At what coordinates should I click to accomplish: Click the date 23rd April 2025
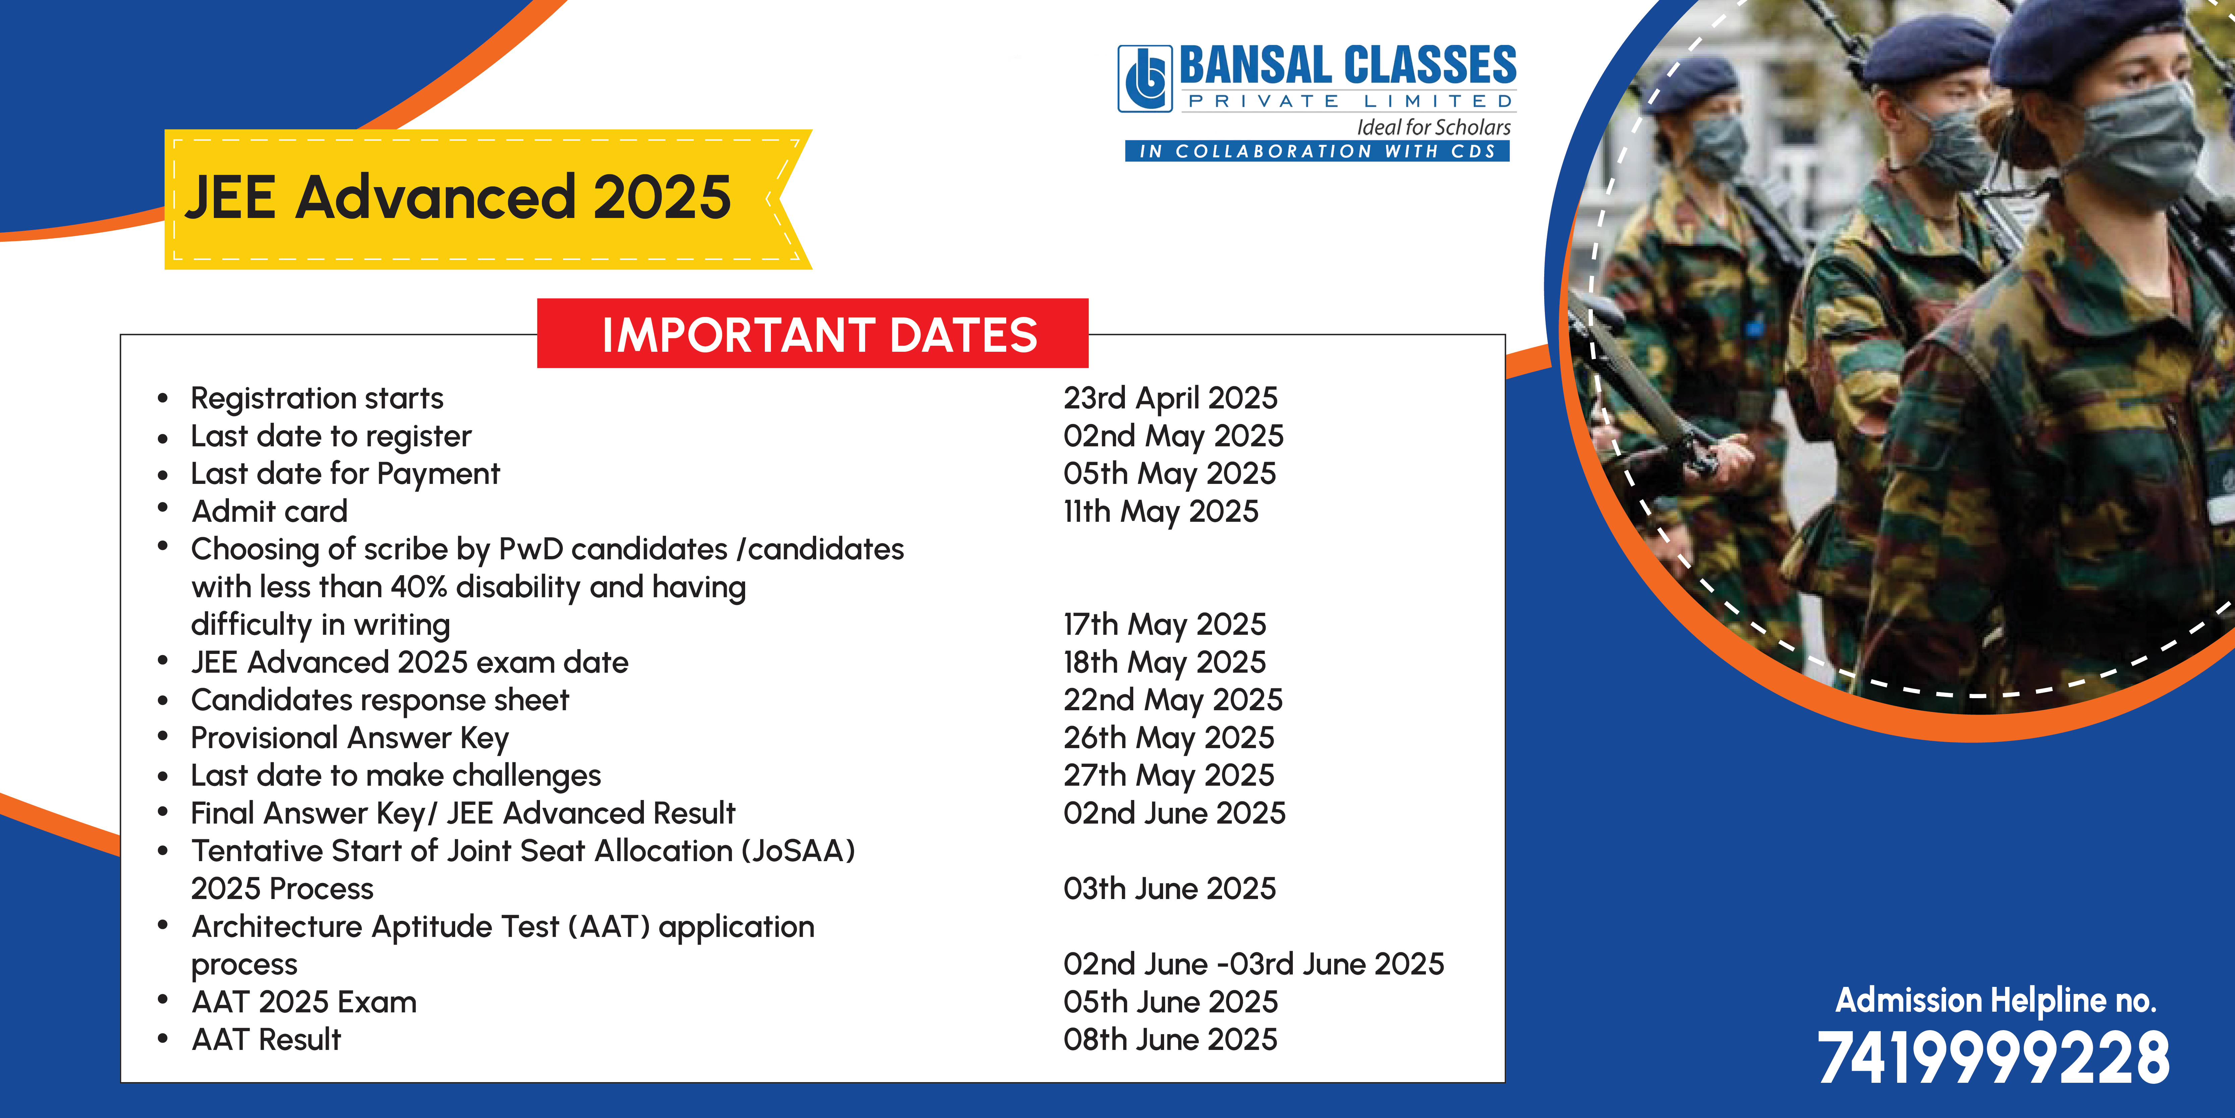pyautogui.click(x=1170, y=398)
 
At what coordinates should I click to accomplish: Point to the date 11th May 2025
pyautogui.click(x=1161, y=511)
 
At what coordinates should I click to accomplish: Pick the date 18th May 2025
pyautogui.click(x=1164, y=662)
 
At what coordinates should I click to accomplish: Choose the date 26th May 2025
pyautogui.click(x=1169, y=738)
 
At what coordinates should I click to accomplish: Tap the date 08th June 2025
pyautogui.click(x=1170, y=1039)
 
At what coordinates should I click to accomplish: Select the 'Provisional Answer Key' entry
pyautogui.click(x=350, y=738)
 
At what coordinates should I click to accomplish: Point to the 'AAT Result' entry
pyautogui.click(x=266, y=1039)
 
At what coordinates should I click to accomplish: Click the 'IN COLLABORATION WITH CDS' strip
pyautogui.click(x=1317, y=151)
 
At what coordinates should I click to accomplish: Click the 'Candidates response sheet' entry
pyautogui.click(x=380, y=700)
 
